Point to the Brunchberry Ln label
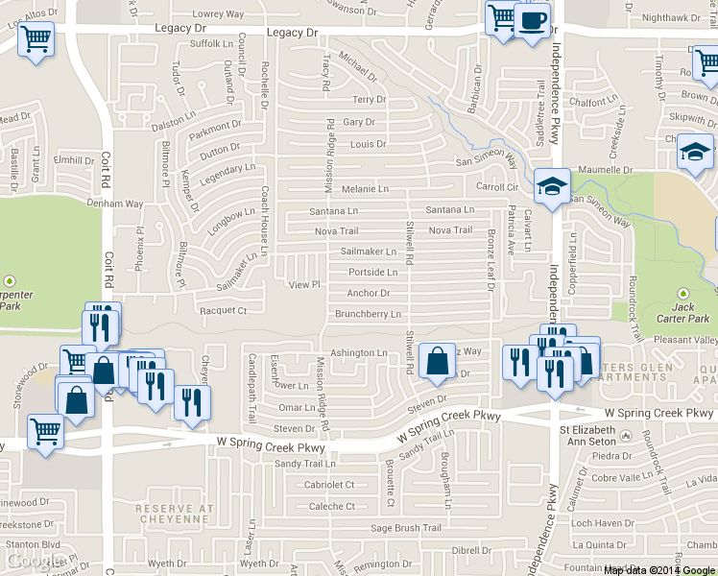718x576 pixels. [368, 314]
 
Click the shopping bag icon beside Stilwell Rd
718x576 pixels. [437, 362]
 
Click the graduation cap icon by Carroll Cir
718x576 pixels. [552, 185]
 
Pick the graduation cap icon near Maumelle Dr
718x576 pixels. [696, 151]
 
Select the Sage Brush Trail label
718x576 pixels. [406, 528]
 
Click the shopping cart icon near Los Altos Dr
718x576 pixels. [36, 39]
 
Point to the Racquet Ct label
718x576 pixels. [223, 311]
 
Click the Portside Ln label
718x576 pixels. [372, 273]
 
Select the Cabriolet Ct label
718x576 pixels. [329, 486]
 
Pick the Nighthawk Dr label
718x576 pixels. [673, 17]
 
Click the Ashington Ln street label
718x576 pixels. [358, 353]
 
